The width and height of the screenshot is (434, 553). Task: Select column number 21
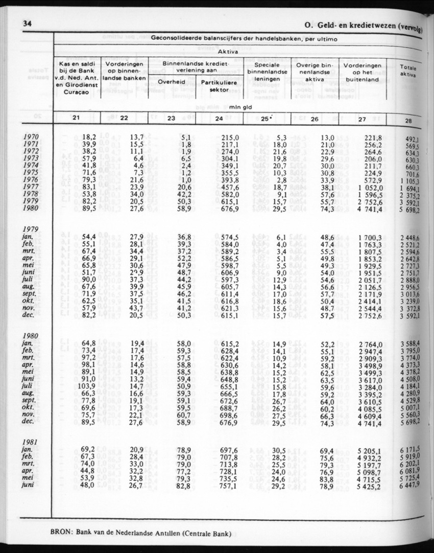[x=76, y=119]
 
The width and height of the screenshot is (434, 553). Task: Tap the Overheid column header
[x=171, y=82]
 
